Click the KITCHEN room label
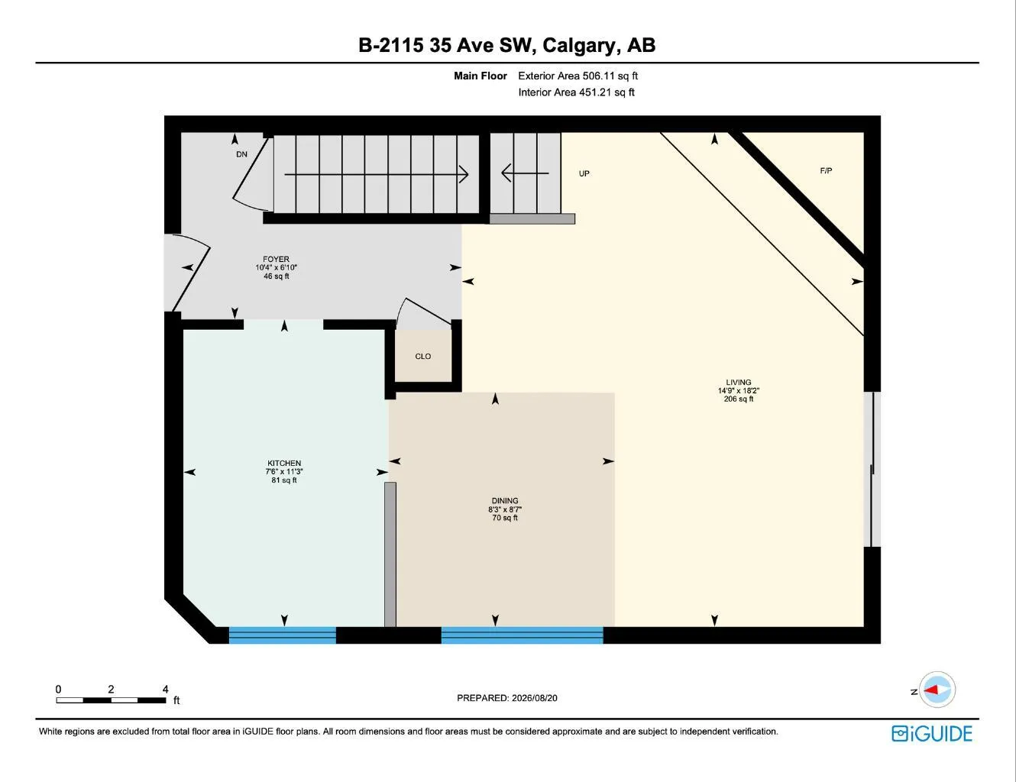coord(284,463)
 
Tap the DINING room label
coord(504,500)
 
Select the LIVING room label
coord(738,382)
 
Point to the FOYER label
coord(276,259)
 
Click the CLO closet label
coord(422,356)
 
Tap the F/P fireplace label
coord(826,170)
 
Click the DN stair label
coord(241,154)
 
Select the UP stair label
coord(584,173)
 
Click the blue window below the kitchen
coord(283,635)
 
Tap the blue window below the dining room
coord(523,635)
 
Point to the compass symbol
coord(937,690)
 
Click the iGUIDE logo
coord(931,733)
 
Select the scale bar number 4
coord(165,689)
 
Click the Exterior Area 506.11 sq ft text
coord(578,76)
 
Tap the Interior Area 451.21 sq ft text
coord(576,92)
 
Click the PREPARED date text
coord(506,698)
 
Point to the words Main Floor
coord(480,76)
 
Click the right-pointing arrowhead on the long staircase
coord(464,174)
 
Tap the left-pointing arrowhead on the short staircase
coord(506,173)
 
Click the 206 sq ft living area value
coord(738,399)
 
